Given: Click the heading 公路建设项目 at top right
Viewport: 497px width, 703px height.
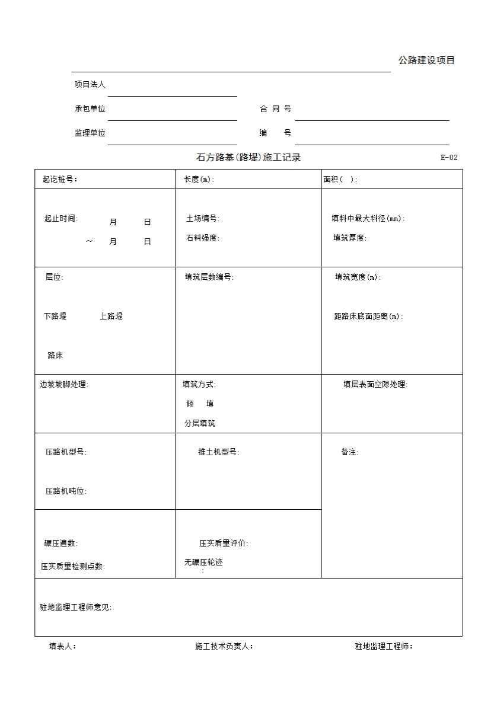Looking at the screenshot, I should pos(426,60).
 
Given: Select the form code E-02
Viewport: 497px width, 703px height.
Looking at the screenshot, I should pos(449,158).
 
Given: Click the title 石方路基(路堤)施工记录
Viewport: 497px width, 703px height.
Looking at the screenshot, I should pos(249,158).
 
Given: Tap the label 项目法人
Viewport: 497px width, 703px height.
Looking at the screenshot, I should pos(90,85).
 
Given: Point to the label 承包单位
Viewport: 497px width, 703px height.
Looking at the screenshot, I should pos(90,109).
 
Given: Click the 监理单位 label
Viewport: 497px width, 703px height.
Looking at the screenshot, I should pos(90,133).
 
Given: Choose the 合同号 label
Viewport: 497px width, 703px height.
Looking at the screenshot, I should pos(275,109).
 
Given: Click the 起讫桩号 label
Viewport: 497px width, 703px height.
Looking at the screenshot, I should pos(60,180).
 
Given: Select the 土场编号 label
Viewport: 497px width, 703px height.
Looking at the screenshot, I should pos(202,219).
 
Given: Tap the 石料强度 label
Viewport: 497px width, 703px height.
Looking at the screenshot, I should pos(202,238).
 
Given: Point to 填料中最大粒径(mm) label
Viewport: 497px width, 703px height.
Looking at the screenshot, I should pos(368,219).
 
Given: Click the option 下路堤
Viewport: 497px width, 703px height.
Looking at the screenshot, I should pos(55,317).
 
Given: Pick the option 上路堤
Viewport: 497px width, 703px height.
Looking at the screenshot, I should pos(111,317).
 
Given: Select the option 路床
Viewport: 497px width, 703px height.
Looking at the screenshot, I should pos(55,356).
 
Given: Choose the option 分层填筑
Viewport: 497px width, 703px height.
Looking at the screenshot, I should pos(199,424).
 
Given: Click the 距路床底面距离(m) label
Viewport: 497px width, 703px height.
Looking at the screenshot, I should pos(368,317).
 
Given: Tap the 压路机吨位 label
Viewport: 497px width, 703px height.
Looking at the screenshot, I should pos(66,491).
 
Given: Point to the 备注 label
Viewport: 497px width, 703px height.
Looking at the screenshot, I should pos(349,452).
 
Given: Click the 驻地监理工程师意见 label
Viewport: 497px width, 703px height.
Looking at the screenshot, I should pos(75,608).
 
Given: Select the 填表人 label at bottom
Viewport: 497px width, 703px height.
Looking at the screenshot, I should pos(62,647).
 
